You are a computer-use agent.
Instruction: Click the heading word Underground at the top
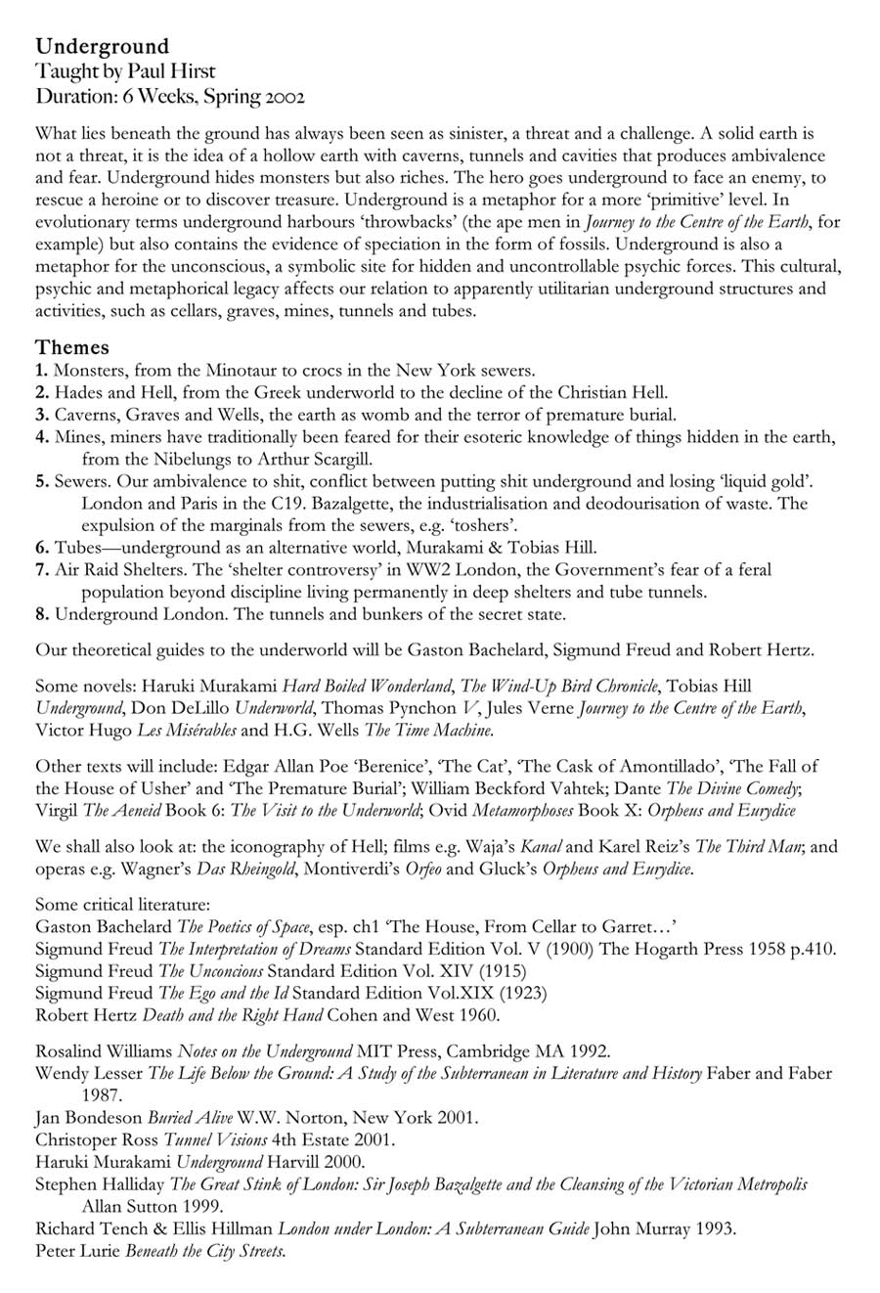click(x=102, y=46)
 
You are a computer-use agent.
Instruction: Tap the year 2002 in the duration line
click(x=284, y=97)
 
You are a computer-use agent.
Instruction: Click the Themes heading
click(x=72, y=347)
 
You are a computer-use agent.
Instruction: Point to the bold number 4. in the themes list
click(x=42, y=436)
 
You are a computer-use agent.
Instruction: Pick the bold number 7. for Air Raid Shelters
click(x=42, y=569)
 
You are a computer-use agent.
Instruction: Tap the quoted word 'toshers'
click(x=497, y=525)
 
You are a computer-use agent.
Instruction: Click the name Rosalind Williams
click(x=104, y=1051)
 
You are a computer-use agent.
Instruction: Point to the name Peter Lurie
click(x=78, y=1251)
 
